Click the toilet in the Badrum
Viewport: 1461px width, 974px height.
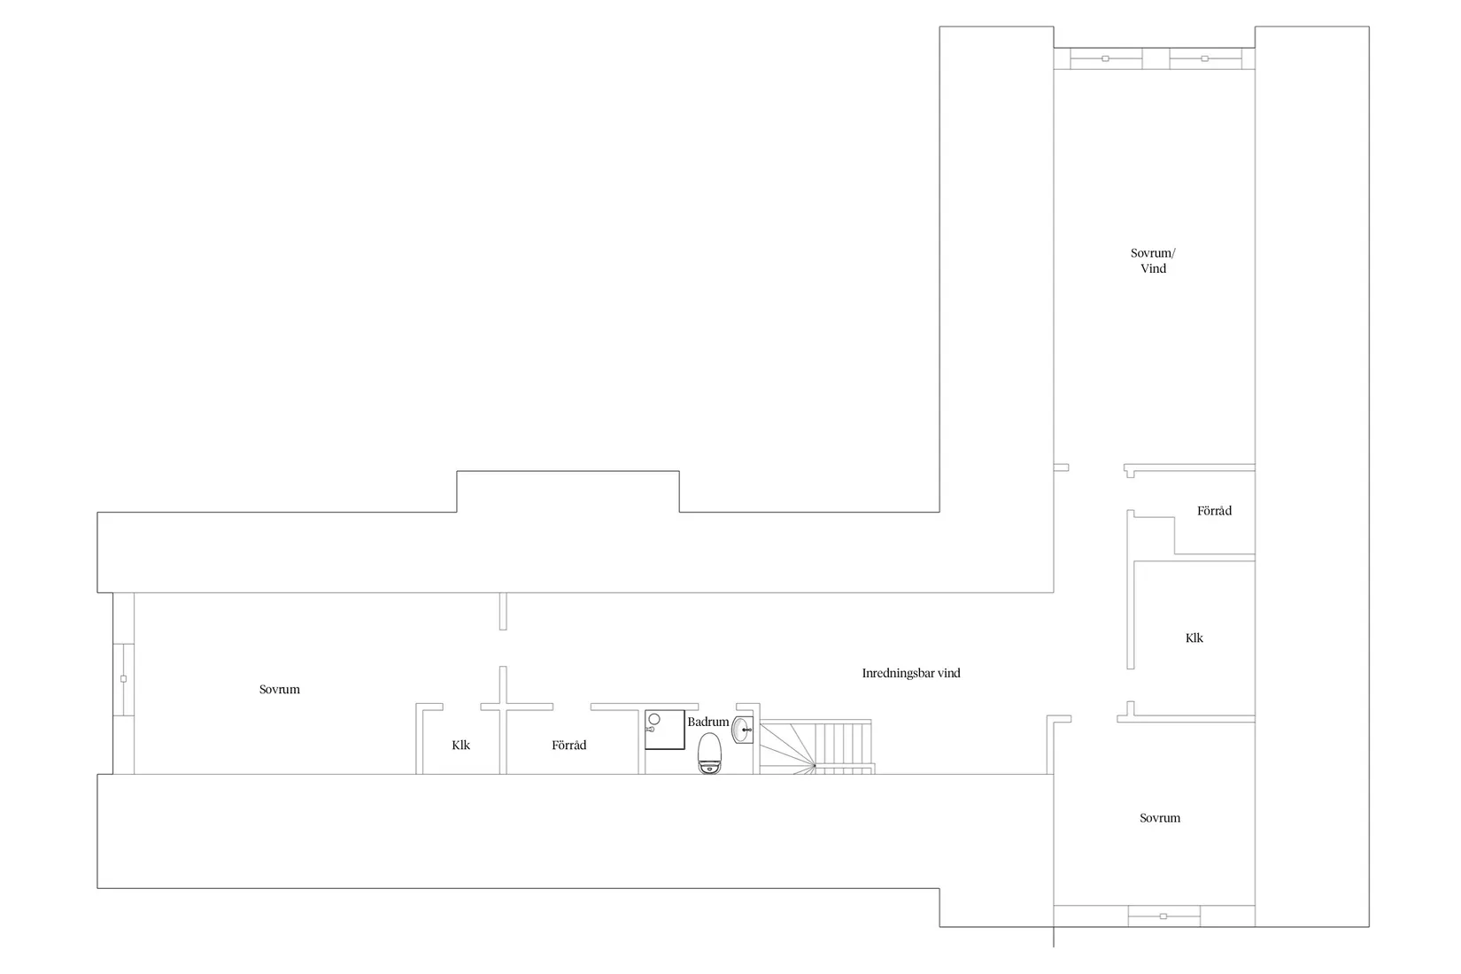pyautogui.click(x=709, y=753)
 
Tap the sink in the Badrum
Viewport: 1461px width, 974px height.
pyautogui.click(x=742, y=730)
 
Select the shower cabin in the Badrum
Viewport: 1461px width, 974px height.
pyautogui.click(x=665, y=730)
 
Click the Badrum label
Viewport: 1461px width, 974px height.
pyautogui.click(x=707, y=722)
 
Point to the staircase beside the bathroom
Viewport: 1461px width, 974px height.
pyautogui.click(x=816, y=747)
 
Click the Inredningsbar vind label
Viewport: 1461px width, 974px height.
pyautogui.click(x=911, y=673)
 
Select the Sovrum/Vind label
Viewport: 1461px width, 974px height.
pyautogui.click(x=1153, y=260)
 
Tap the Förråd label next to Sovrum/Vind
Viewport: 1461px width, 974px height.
pyautogui.click(x=1215, y=511)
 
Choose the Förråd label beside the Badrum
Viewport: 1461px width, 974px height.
pyautogui.click(x=568, y=745)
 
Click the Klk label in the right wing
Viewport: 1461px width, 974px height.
pyautogui.click(x=1194, y=638)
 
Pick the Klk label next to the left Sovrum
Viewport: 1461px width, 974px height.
pyautogui.click(x=461, y=745)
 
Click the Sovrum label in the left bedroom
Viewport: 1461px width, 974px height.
pyautogui.click(x=280, y=689)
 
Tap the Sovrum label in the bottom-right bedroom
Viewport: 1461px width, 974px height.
pyautogui.click(x=1160, y=817)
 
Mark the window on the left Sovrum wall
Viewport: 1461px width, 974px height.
pyautogui.click(x=123, y=679)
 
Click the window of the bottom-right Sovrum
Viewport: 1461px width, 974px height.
pyautogui.click(x=1163, y=916)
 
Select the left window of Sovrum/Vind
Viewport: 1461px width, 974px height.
pyautogui.click(x=1106, y=58)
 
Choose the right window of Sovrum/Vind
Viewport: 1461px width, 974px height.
pyautogui.click(x=1205, y=58)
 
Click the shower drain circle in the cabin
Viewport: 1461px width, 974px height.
pyautogui.click(x=654, y=719)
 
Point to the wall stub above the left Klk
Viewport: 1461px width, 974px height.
pyautogui.click(x=503, y=611)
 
